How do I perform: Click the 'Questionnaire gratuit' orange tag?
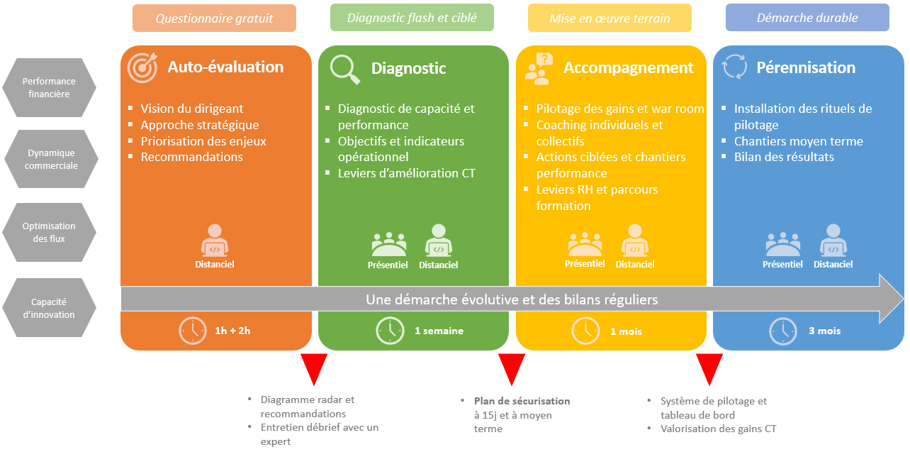pos(214,18)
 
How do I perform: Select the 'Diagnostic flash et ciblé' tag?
pos(412,18)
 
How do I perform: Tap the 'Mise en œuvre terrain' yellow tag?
pos(610,18)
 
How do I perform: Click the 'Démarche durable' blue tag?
pos(807,18)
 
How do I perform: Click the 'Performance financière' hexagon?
pos(49,87)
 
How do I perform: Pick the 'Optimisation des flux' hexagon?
pos(49,232)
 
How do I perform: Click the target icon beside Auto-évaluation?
pos(142,67)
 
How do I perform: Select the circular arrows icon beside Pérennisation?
pos(734,68)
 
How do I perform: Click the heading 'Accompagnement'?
pos(628,68)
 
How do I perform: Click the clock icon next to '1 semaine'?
pos(390,331)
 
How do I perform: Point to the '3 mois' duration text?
pos(824,331)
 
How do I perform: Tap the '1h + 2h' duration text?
pos(233,331)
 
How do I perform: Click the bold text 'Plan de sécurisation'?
pos(522,401)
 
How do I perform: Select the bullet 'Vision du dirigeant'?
pos(191,109)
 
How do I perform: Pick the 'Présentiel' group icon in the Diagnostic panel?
pos(388,244)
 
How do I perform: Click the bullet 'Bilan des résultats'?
pos(784,157)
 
